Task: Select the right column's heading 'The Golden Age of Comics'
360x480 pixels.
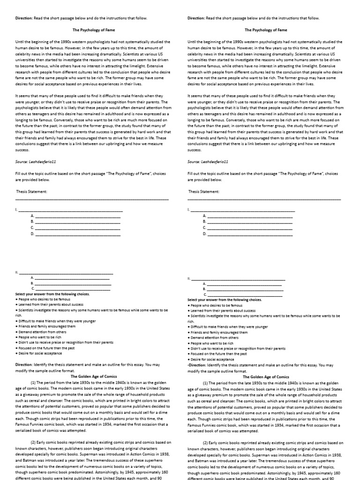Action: (266, 376)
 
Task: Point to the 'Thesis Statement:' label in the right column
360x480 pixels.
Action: (204, 191)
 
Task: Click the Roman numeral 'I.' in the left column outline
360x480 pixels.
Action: (16, 210)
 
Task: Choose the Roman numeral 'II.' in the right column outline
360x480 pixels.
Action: (188, 278)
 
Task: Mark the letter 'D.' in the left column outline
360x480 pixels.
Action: (32, 233)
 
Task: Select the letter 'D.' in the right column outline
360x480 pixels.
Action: (204, 233)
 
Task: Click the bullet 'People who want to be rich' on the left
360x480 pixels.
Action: (40, 337)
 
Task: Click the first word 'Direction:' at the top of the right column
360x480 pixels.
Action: (196, 18)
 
